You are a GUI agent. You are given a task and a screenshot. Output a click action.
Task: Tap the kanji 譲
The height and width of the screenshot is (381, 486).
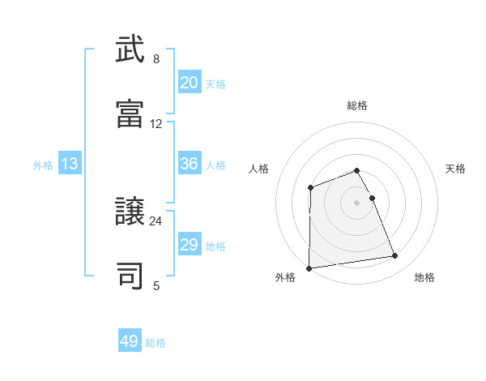pyautogui.click(x=130, y=214)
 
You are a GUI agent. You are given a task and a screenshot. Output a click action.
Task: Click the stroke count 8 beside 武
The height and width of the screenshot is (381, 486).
pyautogui.click(x=156, y=59)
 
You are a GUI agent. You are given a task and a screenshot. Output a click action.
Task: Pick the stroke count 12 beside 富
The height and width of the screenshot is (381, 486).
pyautogui.click(x=156, y=124)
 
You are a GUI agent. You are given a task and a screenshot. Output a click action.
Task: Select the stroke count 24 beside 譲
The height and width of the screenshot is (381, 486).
pyautogui.click(x=156, y=220)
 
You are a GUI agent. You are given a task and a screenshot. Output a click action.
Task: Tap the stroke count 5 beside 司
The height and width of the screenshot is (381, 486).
pyautogui.click(x=156, y=285)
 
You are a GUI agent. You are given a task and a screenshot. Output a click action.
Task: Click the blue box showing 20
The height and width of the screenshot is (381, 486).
pyautogui.click(x=190, y=83)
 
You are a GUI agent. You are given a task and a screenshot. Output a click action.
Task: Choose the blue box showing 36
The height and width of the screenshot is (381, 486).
pyautogui.click(x=190, y=164)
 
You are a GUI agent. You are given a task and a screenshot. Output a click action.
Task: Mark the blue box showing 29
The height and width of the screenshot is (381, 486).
pyautogui.click(x=190, y=245)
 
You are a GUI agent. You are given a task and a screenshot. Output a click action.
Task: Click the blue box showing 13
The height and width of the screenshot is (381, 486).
pyautogui.click(x=70, y=164)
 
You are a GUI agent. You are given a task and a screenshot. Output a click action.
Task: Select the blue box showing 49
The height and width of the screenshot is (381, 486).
pyautogui.click(x=130, y=341)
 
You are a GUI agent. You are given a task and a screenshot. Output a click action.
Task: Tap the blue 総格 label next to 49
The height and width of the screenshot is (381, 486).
pyautogui.click(x=156, y=343)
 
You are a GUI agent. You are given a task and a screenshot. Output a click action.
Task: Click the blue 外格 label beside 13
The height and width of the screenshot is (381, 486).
pyautogui.click(x=43, y=165)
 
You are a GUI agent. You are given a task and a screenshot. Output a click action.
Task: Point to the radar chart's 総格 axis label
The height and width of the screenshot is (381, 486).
pyautogui.click(x=357, y=105)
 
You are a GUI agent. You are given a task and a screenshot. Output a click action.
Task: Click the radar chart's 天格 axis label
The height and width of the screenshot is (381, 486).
pyautogui.click(x=456, y=169)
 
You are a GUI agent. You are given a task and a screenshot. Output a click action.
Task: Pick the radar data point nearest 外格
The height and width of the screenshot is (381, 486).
pyautogui.click(x=309, y=268)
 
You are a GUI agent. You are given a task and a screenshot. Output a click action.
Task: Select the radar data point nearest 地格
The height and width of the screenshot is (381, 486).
pyautogui.click(x=395, y=256)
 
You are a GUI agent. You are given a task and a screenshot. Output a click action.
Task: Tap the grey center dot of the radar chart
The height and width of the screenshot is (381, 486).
pyautogui.click(x=357, y=202)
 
